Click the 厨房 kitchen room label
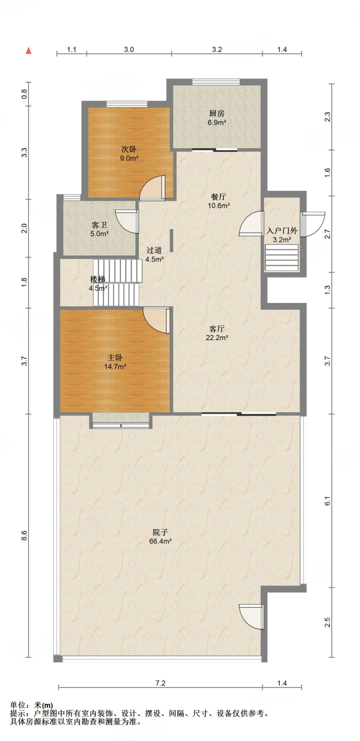click(x=217, y=114)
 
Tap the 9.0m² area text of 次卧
click(x=129, y=158)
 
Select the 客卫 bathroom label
click(x=99, y=225)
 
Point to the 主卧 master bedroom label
click(x=115, y=358)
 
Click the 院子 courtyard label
click(x=160, y=532)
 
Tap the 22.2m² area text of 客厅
click(x=217, y=338)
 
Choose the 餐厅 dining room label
click(x=219, y=197)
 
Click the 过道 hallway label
click(x=154, y=250)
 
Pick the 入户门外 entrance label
click(x=282, y=231)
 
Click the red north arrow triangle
click(x=29, y=51)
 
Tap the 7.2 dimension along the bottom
click(x=160, y=683)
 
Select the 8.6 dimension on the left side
click(x=24, y=536)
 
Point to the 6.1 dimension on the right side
click(x=327, y=501)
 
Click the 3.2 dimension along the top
click(x=217, y=50)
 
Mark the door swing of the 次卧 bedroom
click(x=152, y=188)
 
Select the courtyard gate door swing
click(x=251, y=617)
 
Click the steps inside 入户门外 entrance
click(x=282, y=258)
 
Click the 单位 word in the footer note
click(x=18, y=705)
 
